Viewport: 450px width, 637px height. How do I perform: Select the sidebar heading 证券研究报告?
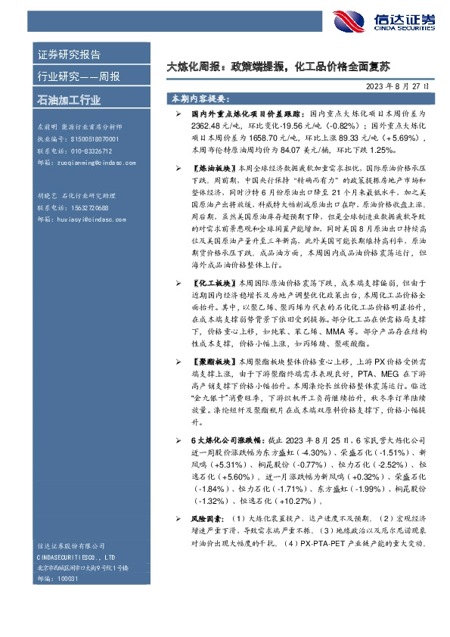point(69,54)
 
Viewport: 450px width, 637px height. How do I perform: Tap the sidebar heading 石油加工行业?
point(69,99)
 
